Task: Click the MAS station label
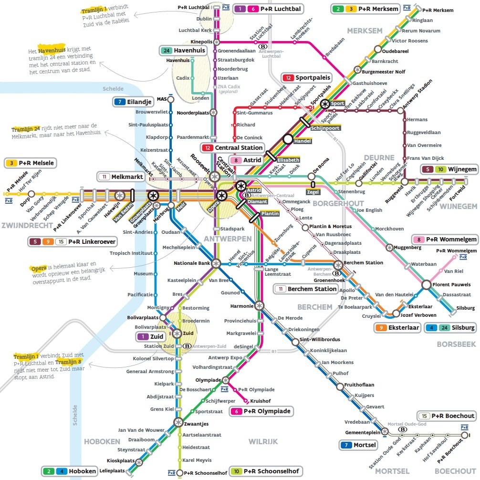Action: (161, 99)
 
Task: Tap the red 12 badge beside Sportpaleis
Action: (288, 78)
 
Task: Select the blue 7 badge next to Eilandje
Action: (120, 102)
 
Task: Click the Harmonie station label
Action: (241, 306)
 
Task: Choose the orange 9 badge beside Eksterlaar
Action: (381, 328)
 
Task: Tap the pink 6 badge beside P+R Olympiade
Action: (237, 411)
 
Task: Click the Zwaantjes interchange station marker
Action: (178, 422)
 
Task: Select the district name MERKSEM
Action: (365, 31)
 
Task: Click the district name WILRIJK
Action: (263, 441)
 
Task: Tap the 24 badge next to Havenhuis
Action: (166, 51)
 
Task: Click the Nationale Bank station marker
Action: (216, 263)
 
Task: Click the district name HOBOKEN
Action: (103, 441)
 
